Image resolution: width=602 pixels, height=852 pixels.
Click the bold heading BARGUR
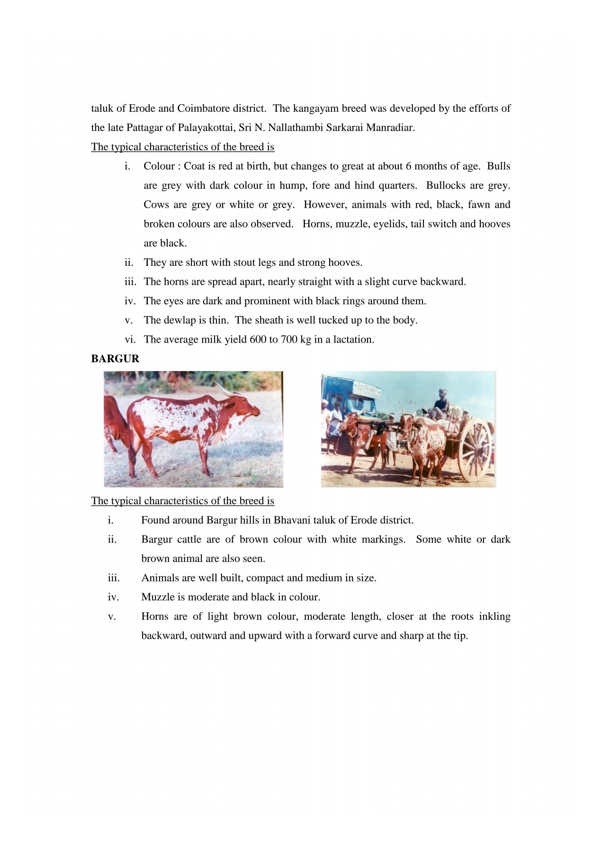coord(115,359)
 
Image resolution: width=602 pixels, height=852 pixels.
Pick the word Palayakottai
coord(207,127)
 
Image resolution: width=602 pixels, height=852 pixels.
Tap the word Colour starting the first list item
coord(159,166)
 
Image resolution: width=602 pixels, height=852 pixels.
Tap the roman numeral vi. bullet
coord(130,339)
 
